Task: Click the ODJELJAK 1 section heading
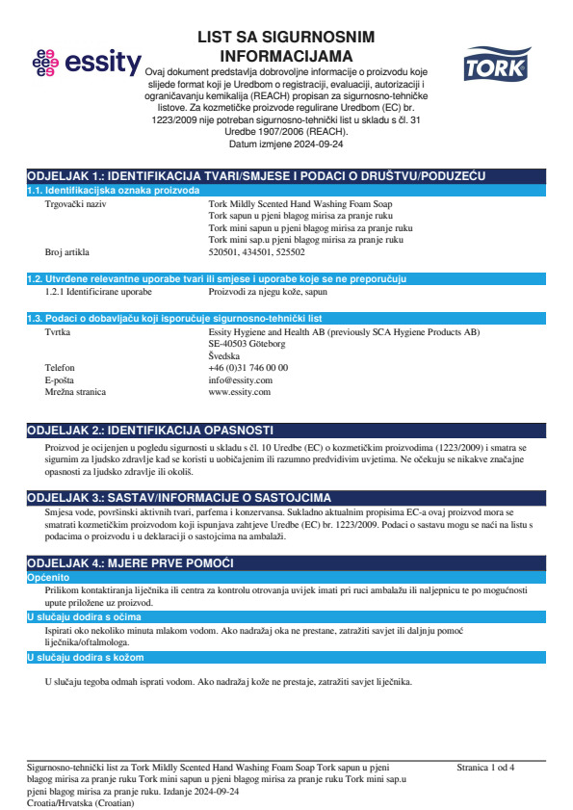(x=256, y=176)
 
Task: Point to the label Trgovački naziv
(x=76, y=204)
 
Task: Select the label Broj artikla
(x=67, y=252)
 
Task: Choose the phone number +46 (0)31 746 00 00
(x=247, y=367)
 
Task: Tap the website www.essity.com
(x=239, y=392)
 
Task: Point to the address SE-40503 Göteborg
(x=247, y=343)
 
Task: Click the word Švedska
(x=224, y=355)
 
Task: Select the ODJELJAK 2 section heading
(x=150, y=430)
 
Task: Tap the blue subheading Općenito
(x=47, y=576)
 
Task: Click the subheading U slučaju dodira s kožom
(x=85, y=657)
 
